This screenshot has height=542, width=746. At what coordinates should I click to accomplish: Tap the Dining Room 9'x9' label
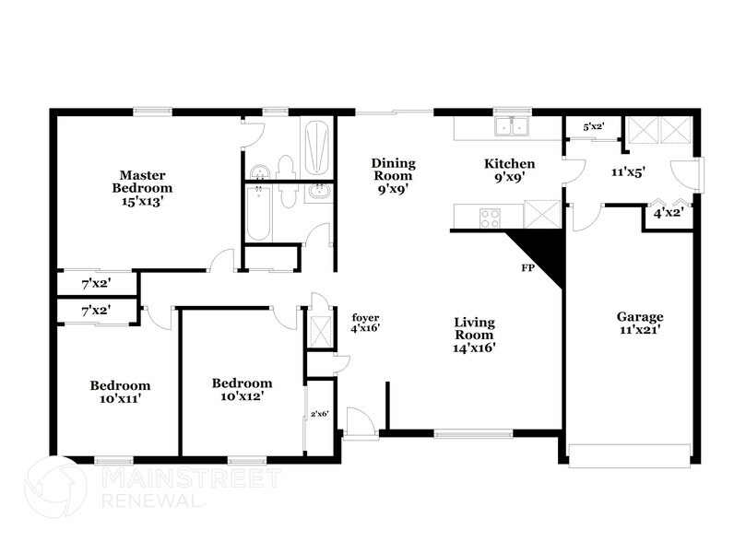[x=394, y=175]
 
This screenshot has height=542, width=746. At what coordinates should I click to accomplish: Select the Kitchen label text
[x=510, y=164]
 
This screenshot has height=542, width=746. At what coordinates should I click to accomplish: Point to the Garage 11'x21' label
[x=640, y=324]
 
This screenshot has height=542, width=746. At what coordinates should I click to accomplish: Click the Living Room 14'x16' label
[x=475, y=335]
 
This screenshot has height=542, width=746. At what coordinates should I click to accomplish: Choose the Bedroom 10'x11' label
[x=120, y=392]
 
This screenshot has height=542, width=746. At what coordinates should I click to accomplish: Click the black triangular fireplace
[x=539, y=253]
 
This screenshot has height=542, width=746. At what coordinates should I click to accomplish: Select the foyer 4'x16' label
[x=366, y=322]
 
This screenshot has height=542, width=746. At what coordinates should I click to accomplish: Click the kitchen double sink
[x=510, y=126]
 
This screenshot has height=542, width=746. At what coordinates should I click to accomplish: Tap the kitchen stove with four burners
[x=490, y=218]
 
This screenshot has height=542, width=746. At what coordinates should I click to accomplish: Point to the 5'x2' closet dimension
[x=593, y=127]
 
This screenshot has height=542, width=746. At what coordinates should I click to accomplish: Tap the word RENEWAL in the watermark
[x=153, y=502]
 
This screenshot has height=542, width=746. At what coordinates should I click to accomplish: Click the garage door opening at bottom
[x=630, y=455]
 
